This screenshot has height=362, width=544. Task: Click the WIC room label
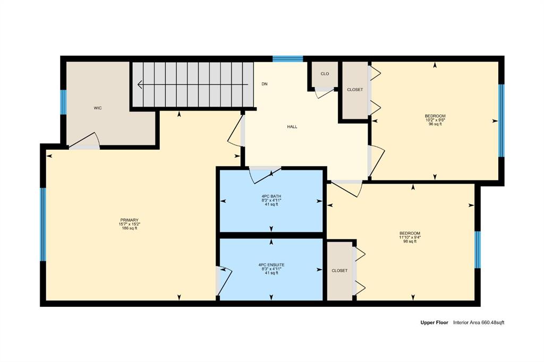click(x=98, y=108)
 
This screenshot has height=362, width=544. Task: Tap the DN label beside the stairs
click(x=265, y=84)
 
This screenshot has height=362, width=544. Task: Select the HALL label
click(x=292, y=127)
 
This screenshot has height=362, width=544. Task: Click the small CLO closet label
click(x=325, y=74)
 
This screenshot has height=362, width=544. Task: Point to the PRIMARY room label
click(x=130, y=220)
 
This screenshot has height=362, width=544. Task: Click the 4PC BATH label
click(x=271, y=196)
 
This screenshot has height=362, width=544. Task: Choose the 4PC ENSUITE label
click(x=271, y=265)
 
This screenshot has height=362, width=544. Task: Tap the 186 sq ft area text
click(x=130, y=228)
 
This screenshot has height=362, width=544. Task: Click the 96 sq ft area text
click(x=435, y=124)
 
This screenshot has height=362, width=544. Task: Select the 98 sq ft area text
click(x=410, y=242)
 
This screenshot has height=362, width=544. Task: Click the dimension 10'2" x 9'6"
click(x=435, y=120)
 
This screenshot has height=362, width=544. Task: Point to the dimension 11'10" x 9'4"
click(x=410, y=237)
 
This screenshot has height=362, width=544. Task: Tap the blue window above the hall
click(x=287, y=58)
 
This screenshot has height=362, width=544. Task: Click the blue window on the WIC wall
click(x=64, y=102)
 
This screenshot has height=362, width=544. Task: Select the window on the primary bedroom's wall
click(x=43, y=225)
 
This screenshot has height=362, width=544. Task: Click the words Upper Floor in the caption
click(x=435, y=323)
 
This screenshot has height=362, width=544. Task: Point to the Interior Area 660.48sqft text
click(x=479, y=323)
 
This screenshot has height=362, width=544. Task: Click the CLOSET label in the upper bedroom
click(x=355, y=90)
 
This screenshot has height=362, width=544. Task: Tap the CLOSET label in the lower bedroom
click(x=339, y=271)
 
